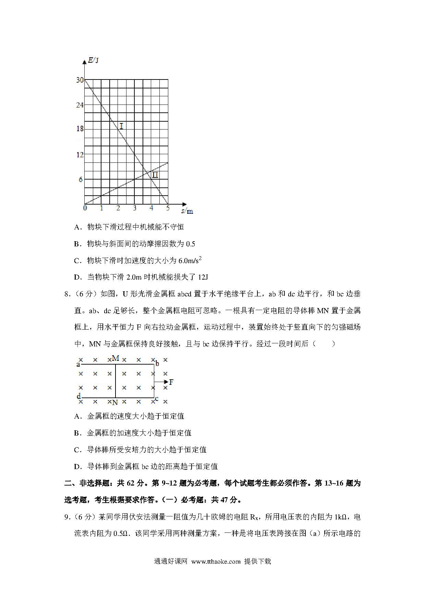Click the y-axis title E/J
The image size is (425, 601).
[93, 61]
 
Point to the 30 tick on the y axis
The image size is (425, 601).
[80, 80]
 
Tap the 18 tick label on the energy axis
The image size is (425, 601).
[80, 129]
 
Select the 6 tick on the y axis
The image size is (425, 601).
[81, 179]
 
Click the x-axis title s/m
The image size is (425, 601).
[187, 211]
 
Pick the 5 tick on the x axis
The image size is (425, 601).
[168, 208]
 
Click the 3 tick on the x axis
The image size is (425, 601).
[135, 208]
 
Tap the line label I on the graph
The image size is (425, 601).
[121, 126]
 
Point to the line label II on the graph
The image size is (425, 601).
[155, 175]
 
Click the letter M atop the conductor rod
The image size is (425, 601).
[116, 358]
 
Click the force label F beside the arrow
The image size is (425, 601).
[171, 382]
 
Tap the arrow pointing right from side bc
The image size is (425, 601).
[161, 382]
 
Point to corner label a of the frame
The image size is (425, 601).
[78, 364]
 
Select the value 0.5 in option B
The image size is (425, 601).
[190, 244]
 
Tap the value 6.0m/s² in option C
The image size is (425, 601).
[190, 260]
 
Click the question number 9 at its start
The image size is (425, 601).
[67, 517]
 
